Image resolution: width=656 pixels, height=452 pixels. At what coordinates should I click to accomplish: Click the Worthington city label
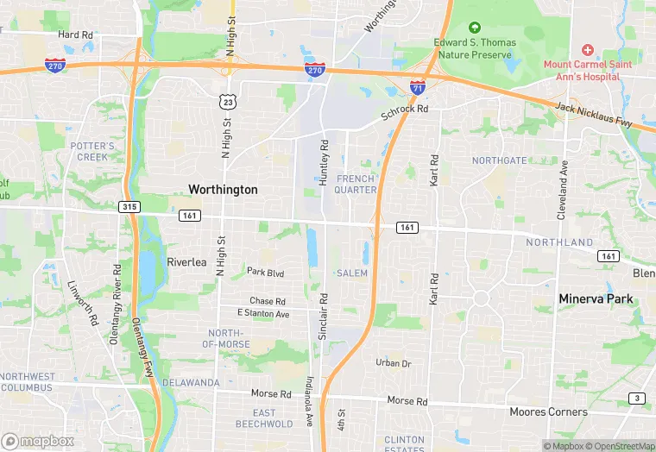(x=223, y=189)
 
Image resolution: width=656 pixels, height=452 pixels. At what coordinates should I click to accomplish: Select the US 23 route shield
(x=228, y=102)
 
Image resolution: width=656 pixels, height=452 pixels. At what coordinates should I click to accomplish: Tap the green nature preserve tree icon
(x=473, y=29)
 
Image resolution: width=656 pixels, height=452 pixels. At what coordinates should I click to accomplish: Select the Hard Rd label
(x=75, y=35)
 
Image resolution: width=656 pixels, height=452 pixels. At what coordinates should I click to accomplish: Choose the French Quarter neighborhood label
(x=356, y=184)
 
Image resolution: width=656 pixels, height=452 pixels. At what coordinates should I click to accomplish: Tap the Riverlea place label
(x=186, y=262)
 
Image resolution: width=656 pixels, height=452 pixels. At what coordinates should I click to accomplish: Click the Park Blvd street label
(x=265, y=272)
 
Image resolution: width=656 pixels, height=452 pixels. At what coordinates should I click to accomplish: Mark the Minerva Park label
(x=596, y=299)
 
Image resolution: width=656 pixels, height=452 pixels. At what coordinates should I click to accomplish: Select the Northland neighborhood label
(x=560, y=243)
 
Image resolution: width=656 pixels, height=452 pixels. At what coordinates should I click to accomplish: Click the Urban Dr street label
(x=393, y=363)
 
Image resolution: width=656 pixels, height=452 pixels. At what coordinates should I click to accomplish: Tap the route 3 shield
(x=637, y=398)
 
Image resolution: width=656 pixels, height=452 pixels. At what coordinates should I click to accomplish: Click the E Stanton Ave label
(x=264, y=314)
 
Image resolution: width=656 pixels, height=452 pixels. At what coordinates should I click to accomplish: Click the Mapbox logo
(x=38, y=441)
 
